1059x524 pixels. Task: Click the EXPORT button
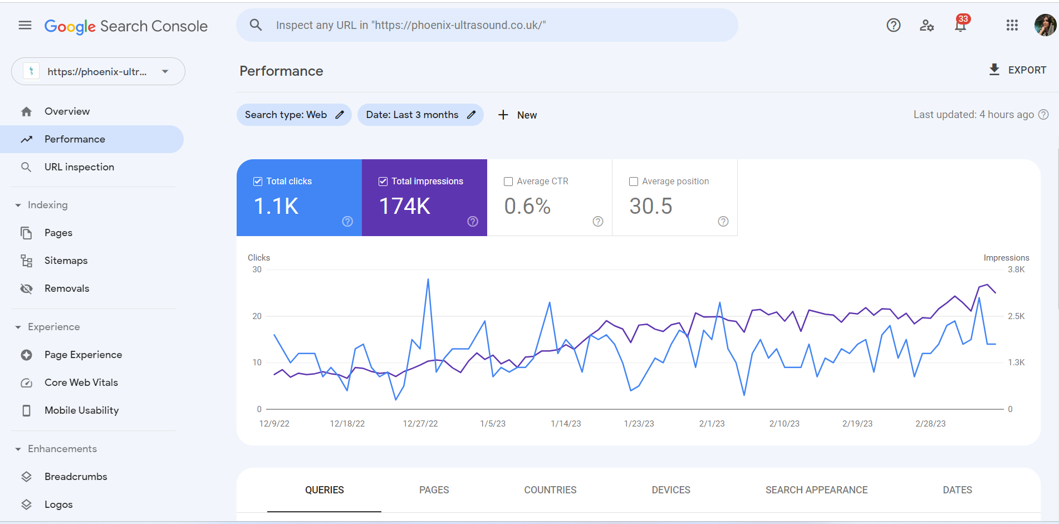coord(1018,70)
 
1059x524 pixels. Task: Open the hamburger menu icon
coord(25,25)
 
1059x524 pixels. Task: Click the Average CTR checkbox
coord(508,182)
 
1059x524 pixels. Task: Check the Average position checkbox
coord(634,182)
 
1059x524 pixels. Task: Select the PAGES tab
coord(434,490)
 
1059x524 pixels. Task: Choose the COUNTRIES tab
coord(550,490)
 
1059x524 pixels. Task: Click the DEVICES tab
coord(670,490)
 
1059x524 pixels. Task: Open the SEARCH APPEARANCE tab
coord(816,490)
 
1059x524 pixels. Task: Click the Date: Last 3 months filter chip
coord(420,115)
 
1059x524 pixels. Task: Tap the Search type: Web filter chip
coord(294,115)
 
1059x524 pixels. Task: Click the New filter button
coord(517,115)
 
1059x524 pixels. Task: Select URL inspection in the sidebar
coord(79,167)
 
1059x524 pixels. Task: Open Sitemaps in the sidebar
coord(66,261)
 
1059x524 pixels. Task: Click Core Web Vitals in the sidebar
coord(81,383)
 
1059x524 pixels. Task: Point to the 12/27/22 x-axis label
coord(420,424)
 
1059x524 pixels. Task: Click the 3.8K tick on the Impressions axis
coord(1016,270)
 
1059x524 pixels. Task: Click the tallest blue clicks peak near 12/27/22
coord(428,280)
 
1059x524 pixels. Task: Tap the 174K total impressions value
coord(405,207)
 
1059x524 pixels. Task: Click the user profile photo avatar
coord(1045,25)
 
